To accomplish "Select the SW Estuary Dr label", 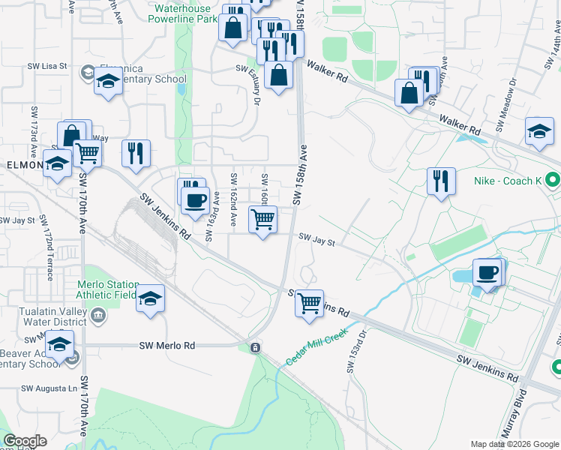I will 253,84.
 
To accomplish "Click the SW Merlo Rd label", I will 166,346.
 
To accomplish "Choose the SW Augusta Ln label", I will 49,388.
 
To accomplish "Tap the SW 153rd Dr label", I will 355,352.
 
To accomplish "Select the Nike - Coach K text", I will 508,181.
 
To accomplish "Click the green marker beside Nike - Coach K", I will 553,181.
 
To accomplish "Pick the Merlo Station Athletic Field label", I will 108,289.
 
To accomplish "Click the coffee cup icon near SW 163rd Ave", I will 195,201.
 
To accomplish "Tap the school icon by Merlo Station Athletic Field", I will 151,299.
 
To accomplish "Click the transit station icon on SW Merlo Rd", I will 255,348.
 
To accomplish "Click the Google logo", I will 24,441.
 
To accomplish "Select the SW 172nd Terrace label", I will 49,256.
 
